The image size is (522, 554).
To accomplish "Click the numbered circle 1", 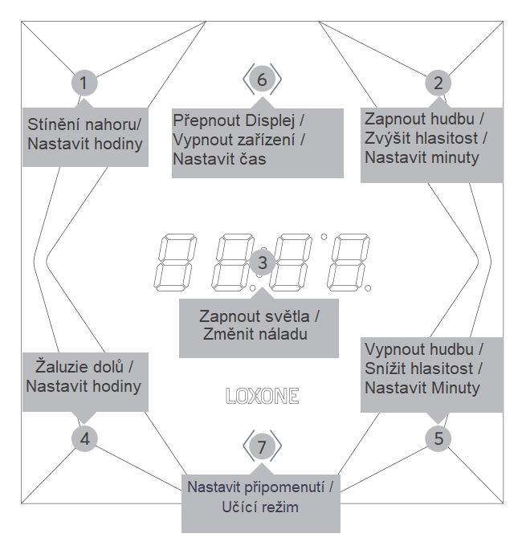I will [84, 83].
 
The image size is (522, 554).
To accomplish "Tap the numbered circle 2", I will [438, 83].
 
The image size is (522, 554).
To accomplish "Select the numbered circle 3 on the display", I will [262, 262].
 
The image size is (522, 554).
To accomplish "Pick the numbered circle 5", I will [438, 438].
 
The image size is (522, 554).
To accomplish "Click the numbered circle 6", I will [262, 79].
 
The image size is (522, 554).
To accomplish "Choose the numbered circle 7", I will [262, 445].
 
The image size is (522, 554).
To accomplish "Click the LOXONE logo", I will [262, 395].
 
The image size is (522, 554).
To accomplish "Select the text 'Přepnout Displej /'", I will [239, 120].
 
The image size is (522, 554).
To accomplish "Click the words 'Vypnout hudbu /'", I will [423, 350].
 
